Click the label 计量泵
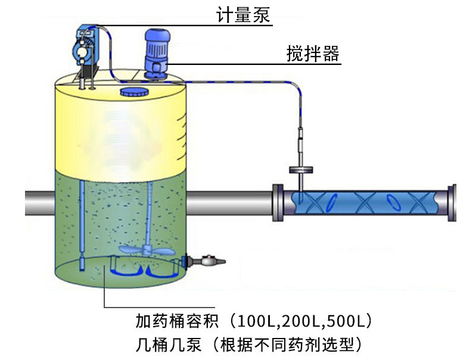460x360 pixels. [243, 15]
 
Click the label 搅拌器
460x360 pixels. [313, 54]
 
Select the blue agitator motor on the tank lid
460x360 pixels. [157, 54]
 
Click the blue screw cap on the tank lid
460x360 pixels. [134, 92]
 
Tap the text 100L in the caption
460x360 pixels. [255, 321]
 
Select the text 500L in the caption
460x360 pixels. [345, 321]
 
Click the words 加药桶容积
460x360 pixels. [177, 321]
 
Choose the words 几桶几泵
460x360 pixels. [169, 345]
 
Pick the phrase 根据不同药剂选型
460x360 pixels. [287, 345]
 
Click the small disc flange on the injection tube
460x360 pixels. [301, 170]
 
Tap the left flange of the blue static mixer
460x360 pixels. [278, 203]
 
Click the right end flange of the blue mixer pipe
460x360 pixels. [452, 203]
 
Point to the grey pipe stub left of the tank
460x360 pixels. [40, 203]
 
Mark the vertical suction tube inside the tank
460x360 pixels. [82, 225]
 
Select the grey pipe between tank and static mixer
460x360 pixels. [230, 203]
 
